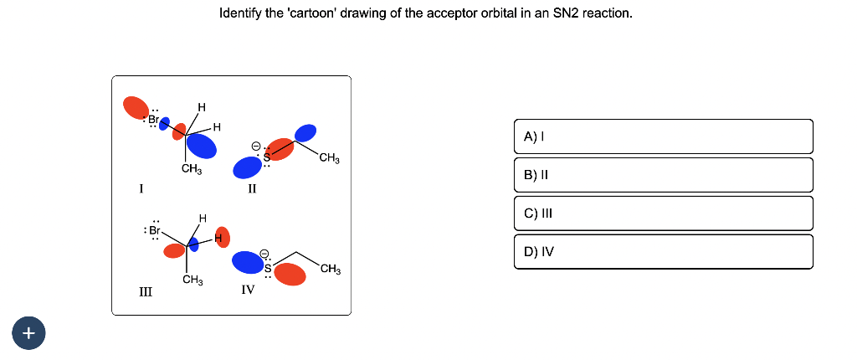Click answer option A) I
tap(663, 136)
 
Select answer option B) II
tap(663, 175)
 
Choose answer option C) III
tap(663, 213)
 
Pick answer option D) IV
tap(663, 251)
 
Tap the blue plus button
tap(28, 333)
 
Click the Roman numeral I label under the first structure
tap(141, 188)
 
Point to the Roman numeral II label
tap(251, 188)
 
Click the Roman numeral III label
tap(146, 291)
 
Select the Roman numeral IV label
tap(248, 290)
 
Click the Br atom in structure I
tap(154, 118)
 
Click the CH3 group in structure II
tap(329, 158)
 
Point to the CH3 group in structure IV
tap(330, 269)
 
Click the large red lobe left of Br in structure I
tap(135, 106)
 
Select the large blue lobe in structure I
tap(202, 147)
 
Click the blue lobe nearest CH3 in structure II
tap(305, 132)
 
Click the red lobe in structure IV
tap(290, 273)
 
